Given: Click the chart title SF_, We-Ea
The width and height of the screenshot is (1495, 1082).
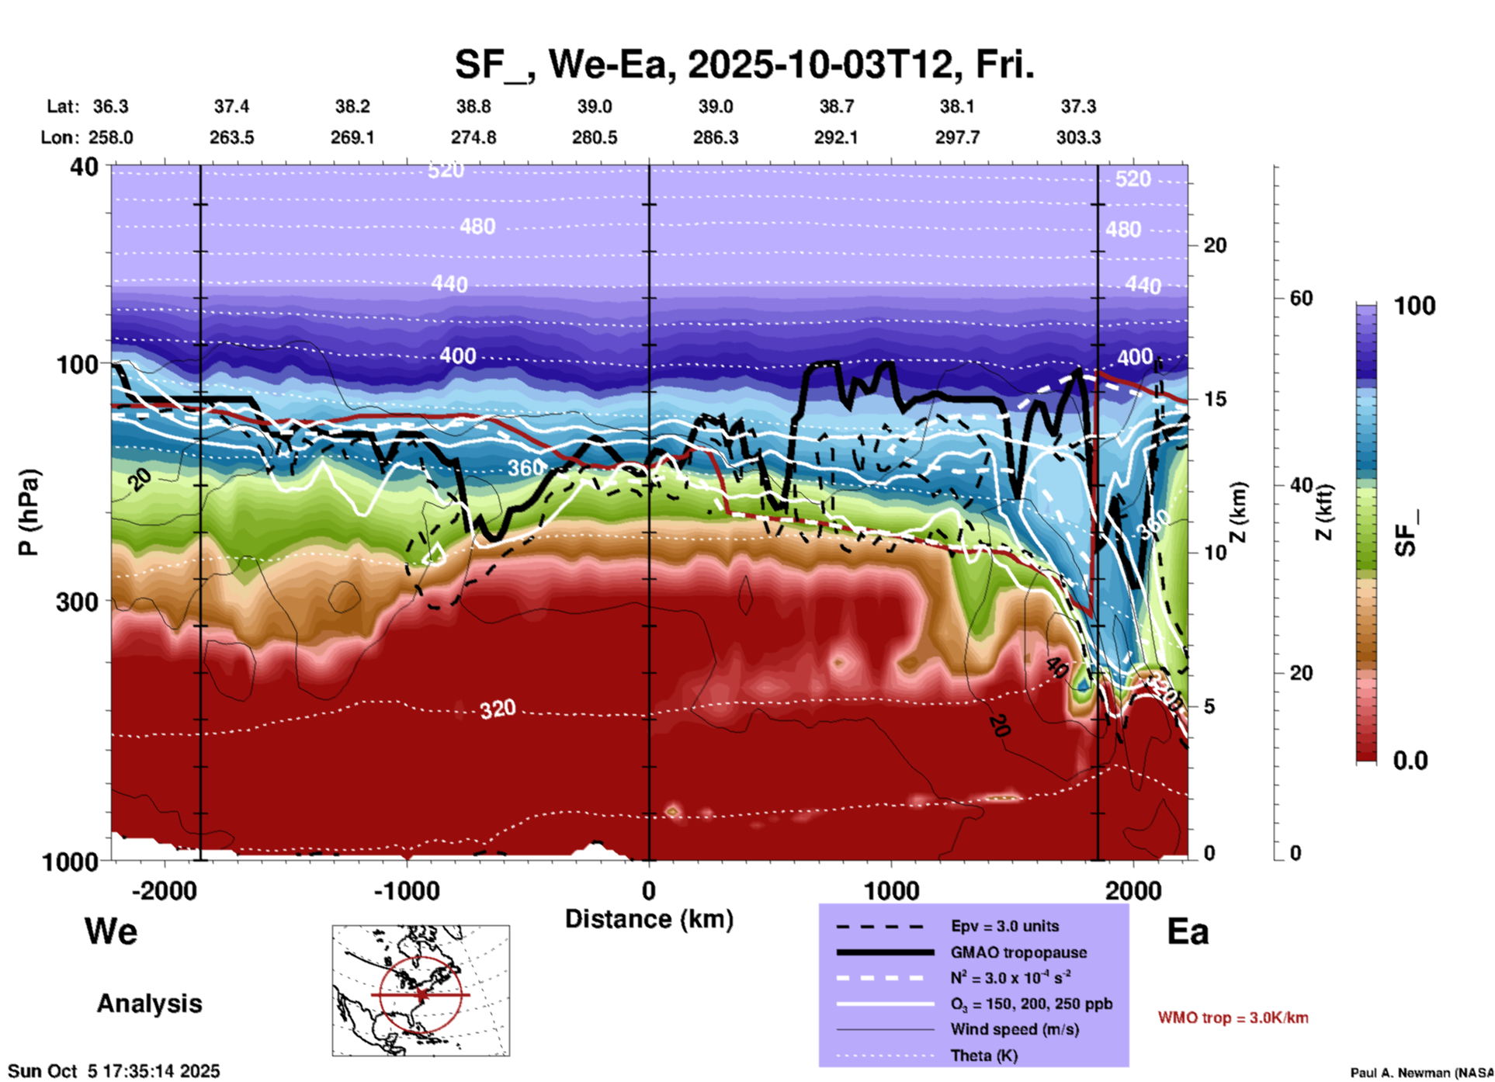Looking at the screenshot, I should pos(744,64).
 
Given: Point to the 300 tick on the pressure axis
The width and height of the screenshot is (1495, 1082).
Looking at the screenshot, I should pos(77,602).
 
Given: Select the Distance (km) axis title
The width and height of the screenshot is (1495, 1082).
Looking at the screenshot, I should pos(649,919).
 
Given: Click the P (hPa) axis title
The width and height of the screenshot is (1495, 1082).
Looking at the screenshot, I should pos(29,512).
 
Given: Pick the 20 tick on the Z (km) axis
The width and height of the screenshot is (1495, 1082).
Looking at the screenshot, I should pos(1215,246).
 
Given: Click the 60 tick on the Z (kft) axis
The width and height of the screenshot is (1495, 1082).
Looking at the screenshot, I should pos(1300,298).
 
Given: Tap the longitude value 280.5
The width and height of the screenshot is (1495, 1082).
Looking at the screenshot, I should pos(595,137).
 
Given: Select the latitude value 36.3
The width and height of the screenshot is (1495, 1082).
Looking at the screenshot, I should pos(110,106).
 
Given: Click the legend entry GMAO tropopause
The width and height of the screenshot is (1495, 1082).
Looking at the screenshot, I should pos(1018,952).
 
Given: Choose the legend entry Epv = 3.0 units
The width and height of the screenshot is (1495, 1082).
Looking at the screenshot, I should pos(1004,926).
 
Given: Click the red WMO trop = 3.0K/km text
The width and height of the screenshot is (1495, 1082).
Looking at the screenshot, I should pos(1233,1018).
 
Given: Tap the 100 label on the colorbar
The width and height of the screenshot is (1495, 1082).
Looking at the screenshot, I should pos(1414,306).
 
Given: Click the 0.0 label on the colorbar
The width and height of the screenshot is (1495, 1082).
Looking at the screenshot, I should pos(1410,761).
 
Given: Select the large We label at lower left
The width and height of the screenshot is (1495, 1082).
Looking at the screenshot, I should pos(111,931).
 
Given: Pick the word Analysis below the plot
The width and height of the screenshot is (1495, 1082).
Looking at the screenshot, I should pos(149,1004).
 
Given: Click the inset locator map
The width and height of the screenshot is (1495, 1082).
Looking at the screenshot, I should pos(421,990).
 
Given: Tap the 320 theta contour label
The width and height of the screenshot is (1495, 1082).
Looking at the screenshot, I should pos(497,709).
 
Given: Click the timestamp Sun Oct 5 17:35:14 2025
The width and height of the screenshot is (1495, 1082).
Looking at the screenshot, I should pos(114,1071).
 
